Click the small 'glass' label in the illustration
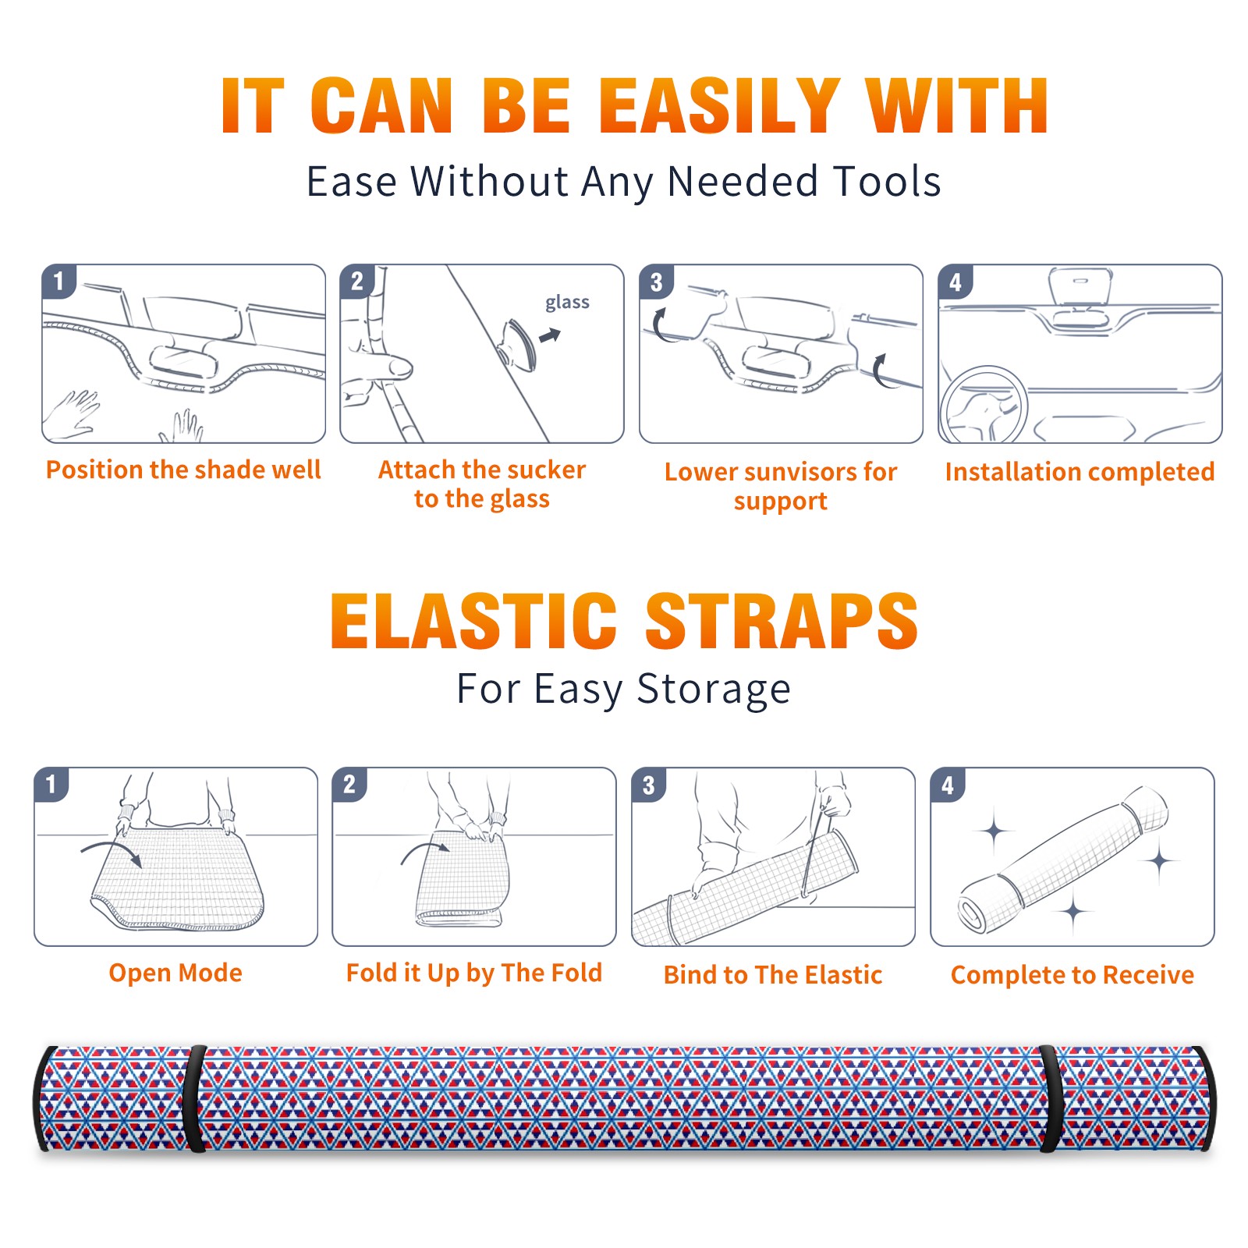pos(567,303)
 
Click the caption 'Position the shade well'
pos(183,470)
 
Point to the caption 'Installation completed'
pos(1080,472)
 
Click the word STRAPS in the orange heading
pos(782,621)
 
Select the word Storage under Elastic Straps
pos(714,690)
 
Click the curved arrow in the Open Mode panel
pos(112,849)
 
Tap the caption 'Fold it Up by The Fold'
pos(474,973)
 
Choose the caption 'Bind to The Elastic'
pos(773,975)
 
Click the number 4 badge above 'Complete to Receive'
pos(948,785)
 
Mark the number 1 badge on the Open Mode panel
pos(51,785)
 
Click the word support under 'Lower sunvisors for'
pos(781,502)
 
